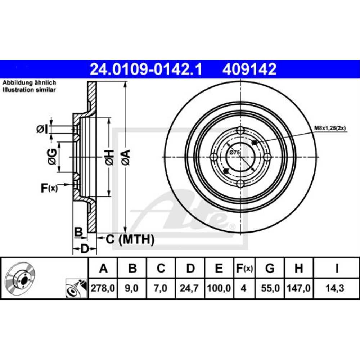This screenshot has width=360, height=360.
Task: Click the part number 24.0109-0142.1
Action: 145,69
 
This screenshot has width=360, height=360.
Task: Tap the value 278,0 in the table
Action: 103,288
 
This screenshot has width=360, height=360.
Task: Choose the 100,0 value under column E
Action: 219,288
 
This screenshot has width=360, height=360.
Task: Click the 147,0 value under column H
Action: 299,288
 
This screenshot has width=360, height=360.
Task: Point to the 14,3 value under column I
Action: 336,288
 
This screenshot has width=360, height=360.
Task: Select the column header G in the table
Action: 270,268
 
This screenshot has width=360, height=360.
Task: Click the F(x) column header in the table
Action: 244,268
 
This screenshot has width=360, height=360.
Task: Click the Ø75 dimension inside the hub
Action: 235,153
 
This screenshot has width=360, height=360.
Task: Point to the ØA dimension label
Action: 125,157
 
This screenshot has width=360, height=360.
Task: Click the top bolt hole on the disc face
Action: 240,131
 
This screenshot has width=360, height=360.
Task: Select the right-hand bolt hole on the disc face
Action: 267,157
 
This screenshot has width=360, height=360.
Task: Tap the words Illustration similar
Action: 29,90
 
